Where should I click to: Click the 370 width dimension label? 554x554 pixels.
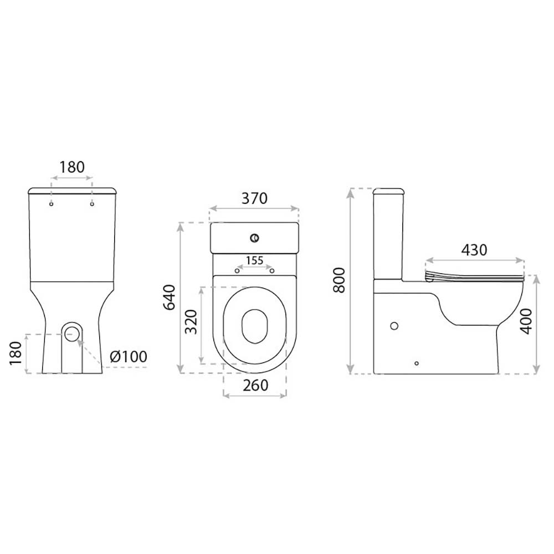coord(254,198)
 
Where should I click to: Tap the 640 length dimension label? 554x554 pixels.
coord(170,297)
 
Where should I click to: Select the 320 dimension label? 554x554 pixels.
coord(191,322)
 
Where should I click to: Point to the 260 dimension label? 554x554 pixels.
coord(255,385)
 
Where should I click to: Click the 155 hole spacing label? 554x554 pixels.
coord(255,261)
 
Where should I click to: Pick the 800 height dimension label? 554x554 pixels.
coord(339,280)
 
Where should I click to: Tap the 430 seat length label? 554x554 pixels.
coord(474,250)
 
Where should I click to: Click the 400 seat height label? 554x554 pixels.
coord(527,321)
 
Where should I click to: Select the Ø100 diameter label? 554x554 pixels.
coord(129,356)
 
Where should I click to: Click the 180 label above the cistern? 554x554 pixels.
coord(71,167)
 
